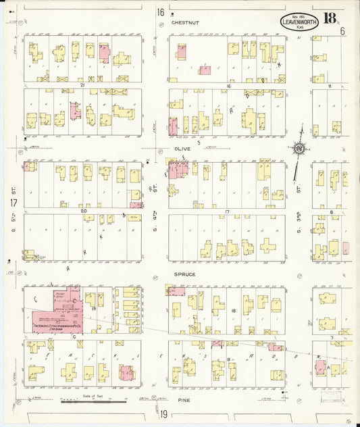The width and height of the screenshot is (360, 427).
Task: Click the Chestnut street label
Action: click(184, 22)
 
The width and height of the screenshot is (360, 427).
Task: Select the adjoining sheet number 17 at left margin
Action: click(13, 203)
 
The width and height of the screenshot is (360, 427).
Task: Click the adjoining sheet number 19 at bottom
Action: click(163, 413)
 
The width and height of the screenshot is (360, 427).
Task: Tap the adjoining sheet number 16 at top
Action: click(160, 12)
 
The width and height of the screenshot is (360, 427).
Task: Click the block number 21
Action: click(82, 85)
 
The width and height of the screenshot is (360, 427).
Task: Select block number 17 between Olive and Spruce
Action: click(228, 212)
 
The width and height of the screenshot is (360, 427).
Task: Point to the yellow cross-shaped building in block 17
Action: click(269, 245)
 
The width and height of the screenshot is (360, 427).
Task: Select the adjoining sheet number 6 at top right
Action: click(342, 31)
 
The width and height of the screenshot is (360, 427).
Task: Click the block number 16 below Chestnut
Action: click(229, 86)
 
